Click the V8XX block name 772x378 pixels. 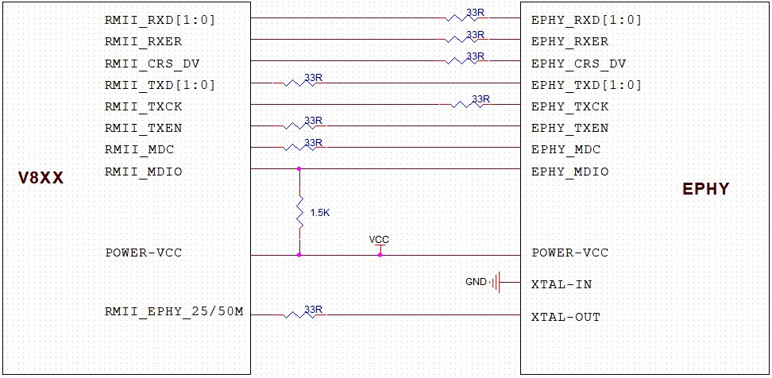point(41,179)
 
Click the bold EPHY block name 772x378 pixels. point(705,190)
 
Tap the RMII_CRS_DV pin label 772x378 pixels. point(152,64)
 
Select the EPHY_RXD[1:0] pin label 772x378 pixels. point(586,21)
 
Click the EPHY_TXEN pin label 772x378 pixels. point(569,128)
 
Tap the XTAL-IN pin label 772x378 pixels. point(561,284)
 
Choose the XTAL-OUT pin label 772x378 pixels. point(565,317)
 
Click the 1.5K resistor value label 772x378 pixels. point(319,214)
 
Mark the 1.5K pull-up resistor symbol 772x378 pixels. point(299,212)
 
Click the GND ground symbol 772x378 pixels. point(496,282)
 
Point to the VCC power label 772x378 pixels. point(380,240)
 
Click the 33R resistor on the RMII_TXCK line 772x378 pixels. point(467,104)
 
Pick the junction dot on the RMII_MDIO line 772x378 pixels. point(299,168)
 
